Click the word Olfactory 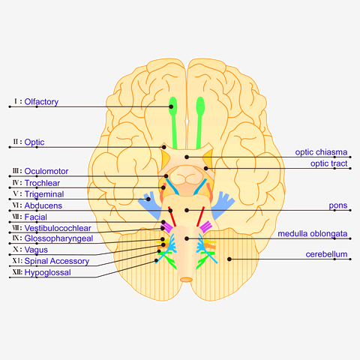41,102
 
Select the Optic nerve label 34,142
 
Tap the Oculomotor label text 46,171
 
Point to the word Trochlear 42,183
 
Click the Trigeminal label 44,194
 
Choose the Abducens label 43,205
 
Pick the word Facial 36,217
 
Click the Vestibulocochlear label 58,228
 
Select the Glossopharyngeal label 58,238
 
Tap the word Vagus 36,250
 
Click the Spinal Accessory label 57,261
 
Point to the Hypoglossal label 48,272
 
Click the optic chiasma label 321,152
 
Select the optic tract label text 328,163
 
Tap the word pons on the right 338,205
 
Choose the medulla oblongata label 313,234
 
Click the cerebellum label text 326,254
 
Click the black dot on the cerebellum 229,259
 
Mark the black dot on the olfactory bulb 171,106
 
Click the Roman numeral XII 17,272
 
